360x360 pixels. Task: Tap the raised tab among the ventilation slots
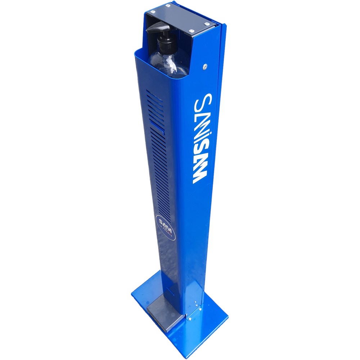(157, 126)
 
